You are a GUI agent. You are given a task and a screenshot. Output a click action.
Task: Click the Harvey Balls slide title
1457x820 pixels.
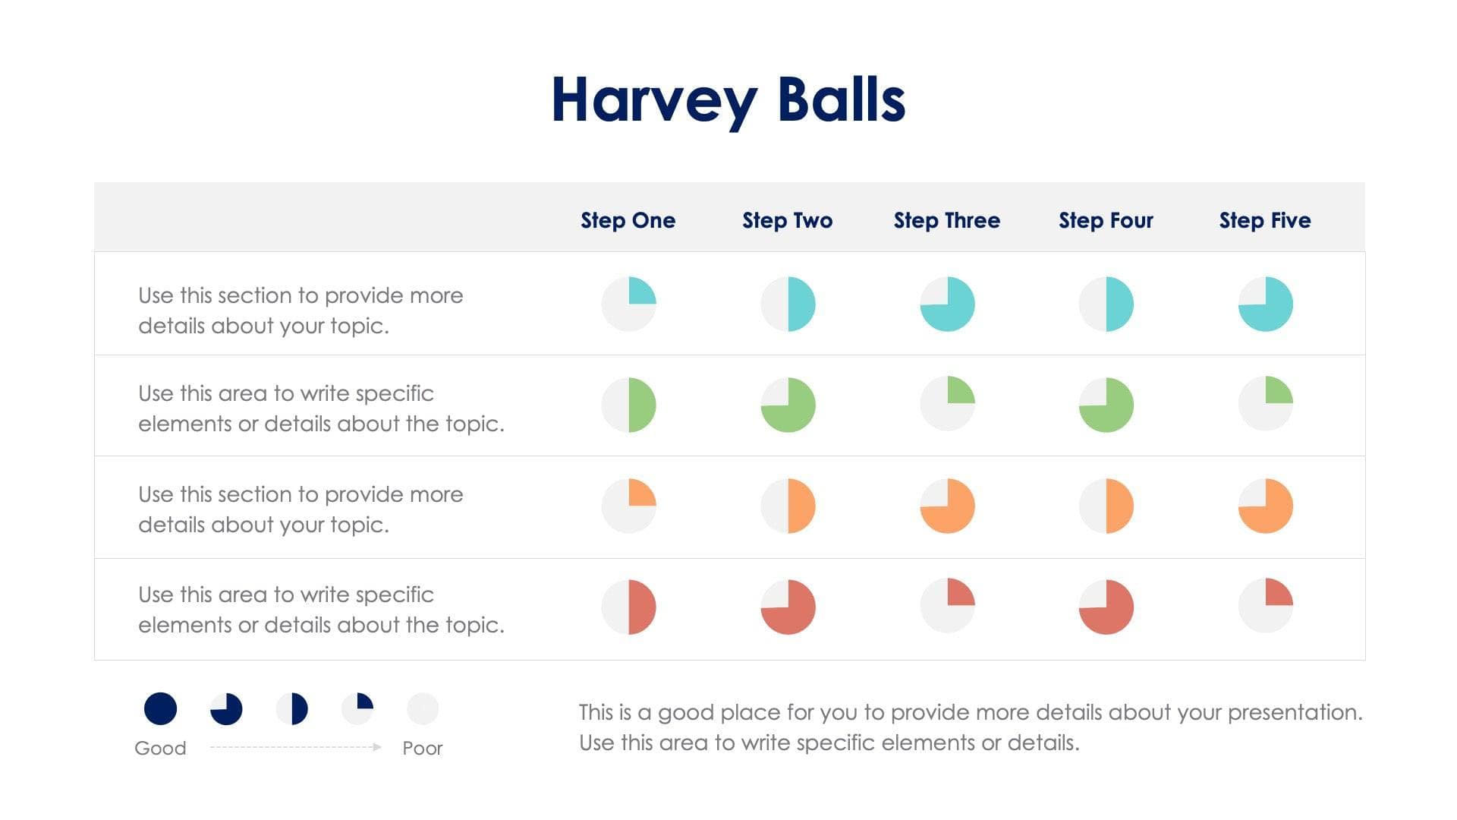pyautogui.click(x=728, y=100)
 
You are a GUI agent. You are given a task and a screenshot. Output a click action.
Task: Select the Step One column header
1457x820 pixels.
pyautogui.click(x=628, y=220)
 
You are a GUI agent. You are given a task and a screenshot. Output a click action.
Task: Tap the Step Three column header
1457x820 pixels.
pyautogui.click(x=946, y=220)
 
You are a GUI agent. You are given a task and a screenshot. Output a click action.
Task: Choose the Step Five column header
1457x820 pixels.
pyautogui.click(x=1265, y=220)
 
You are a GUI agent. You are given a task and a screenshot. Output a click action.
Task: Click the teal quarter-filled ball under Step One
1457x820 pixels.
pyautogui.click(x=629, y=304)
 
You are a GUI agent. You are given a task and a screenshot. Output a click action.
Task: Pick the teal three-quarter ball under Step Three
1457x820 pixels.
pyautogui.click(x=947, y=304)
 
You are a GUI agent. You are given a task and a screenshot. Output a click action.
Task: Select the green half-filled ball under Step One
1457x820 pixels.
pyautogui.click(x=629, y=405)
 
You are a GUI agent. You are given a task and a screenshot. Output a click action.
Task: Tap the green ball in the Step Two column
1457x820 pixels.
pyautogui.click(x=788, y=405)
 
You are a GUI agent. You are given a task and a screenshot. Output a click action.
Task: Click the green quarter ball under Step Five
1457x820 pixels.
pyautogui.click(x=1266, y=403)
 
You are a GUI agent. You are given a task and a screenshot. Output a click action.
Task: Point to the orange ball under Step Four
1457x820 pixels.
pyautogui.click(x=1106, y=506)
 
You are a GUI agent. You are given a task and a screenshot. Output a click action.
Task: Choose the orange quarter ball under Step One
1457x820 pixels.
pyautogui.click(x=629, y=506)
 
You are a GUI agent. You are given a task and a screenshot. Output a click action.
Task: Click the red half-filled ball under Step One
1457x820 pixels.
pyautogui.click(x=629, y=607)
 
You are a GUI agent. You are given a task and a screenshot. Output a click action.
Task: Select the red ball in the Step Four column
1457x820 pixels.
pyautogui.click(x=1106, y=607)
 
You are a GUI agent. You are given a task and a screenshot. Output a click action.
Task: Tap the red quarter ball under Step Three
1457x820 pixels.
pyautogui.click(x=947, y=605)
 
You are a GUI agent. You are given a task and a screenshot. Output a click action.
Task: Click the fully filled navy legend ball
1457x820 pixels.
pyautogui.click(x=160, y=708)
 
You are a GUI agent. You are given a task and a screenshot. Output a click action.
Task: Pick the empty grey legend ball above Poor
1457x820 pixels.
pyautogui.click(x=423, y=708)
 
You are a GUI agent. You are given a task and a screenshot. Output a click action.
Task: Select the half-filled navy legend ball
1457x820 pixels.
pyautogui.click(x=292, y=708)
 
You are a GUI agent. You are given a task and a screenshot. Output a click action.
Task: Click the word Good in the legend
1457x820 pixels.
pyautogui.click(x=160, y=748)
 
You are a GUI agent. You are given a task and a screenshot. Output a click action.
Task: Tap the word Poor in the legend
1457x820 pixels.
pyautogui.click(x=422, y=748)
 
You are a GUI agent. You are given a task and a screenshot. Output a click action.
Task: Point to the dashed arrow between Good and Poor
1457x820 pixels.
pyautogui.click(x=295, y=747)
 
